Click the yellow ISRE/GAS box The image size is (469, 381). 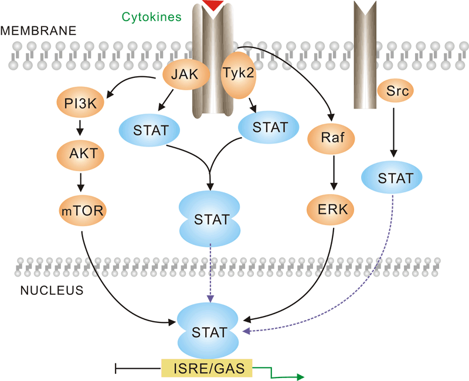[x=206, y=368]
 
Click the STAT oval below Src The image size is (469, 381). [x=395, y=177]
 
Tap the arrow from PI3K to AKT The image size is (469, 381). [x=81, y=128]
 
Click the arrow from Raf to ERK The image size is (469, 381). [x=333, y=175]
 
